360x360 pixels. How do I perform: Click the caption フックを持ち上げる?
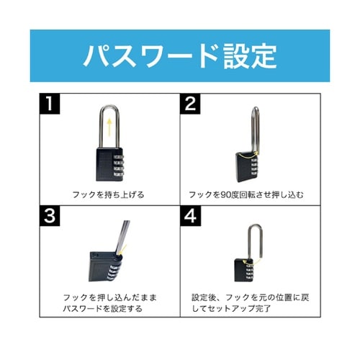tap(107, 194)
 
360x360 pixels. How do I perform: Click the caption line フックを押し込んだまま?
tap(109, 296)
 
